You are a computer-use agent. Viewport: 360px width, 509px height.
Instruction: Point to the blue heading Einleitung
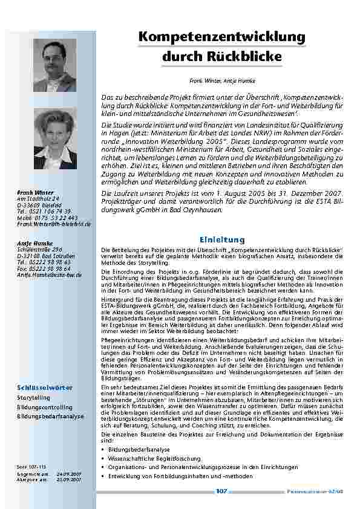[x=222, y=240]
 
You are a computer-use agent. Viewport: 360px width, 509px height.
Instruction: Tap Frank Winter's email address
[x=54, y=224]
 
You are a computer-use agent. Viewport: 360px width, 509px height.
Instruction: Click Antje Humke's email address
[x=49, y=274]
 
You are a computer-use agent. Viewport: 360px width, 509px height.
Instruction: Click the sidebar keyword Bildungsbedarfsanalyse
[x=50, y=417]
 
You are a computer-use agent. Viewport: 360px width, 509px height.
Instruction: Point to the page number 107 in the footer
[x=221, y=491]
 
